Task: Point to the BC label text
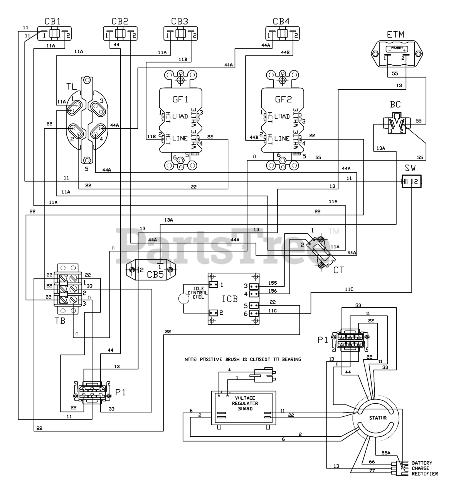395,104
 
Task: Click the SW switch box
411,181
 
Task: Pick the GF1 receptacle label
180,99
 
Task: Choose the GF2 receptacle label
283,99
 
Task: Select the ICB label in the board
230,298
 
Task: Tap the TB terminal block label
60,320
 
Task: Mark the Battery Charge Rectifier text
425,468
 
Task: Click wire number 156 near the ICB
272,291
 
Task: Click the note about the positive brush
243,359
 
